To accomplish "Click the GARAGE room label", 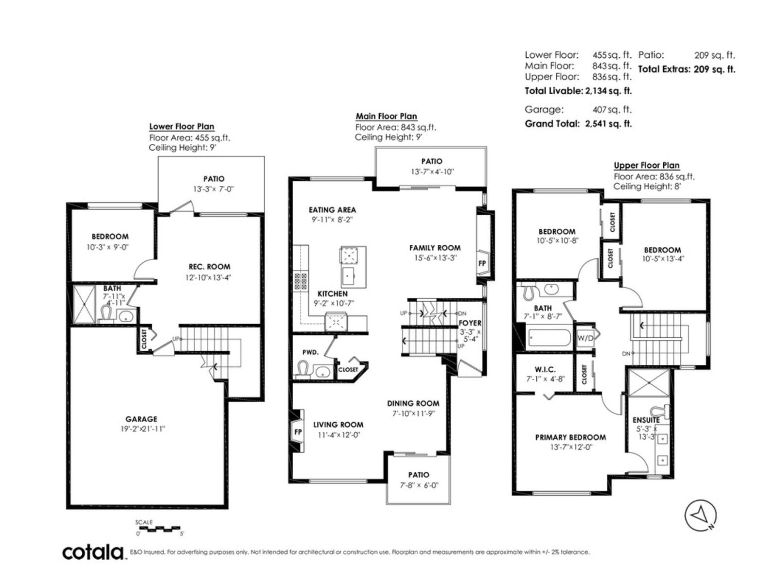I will coord(141,419).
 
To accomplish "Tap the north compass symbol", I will coord(701,515).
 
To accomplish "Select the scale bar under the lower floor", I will coord(159,528).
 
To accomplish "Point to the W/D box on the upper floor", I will coord(585,338).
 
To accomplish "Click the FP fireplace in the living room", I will coord(298,432).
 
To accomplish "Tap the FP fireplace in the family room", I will coord(482,264).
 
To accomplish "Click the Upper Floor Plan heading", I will coord(646,165).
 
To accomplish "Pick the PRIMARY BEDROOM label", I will coord(570,437).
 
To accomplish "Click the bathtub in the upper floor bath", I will coord(549,338).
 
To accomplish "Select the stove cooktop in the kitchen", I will coord(300,281).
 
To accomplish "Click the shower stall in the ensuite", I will coord(649,383).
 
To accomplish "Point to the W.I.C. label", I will coord(545,370).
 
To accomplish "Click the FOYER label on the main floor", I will coord(470,323).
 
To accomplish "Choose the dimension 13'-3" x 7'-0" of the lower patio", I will coord(213,189).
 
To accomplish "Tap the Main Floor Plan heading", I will coord(386,116).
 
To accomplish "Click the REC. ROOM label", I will coord(209,267).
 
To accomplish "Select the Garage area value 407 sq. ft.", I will coord(612,110).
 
